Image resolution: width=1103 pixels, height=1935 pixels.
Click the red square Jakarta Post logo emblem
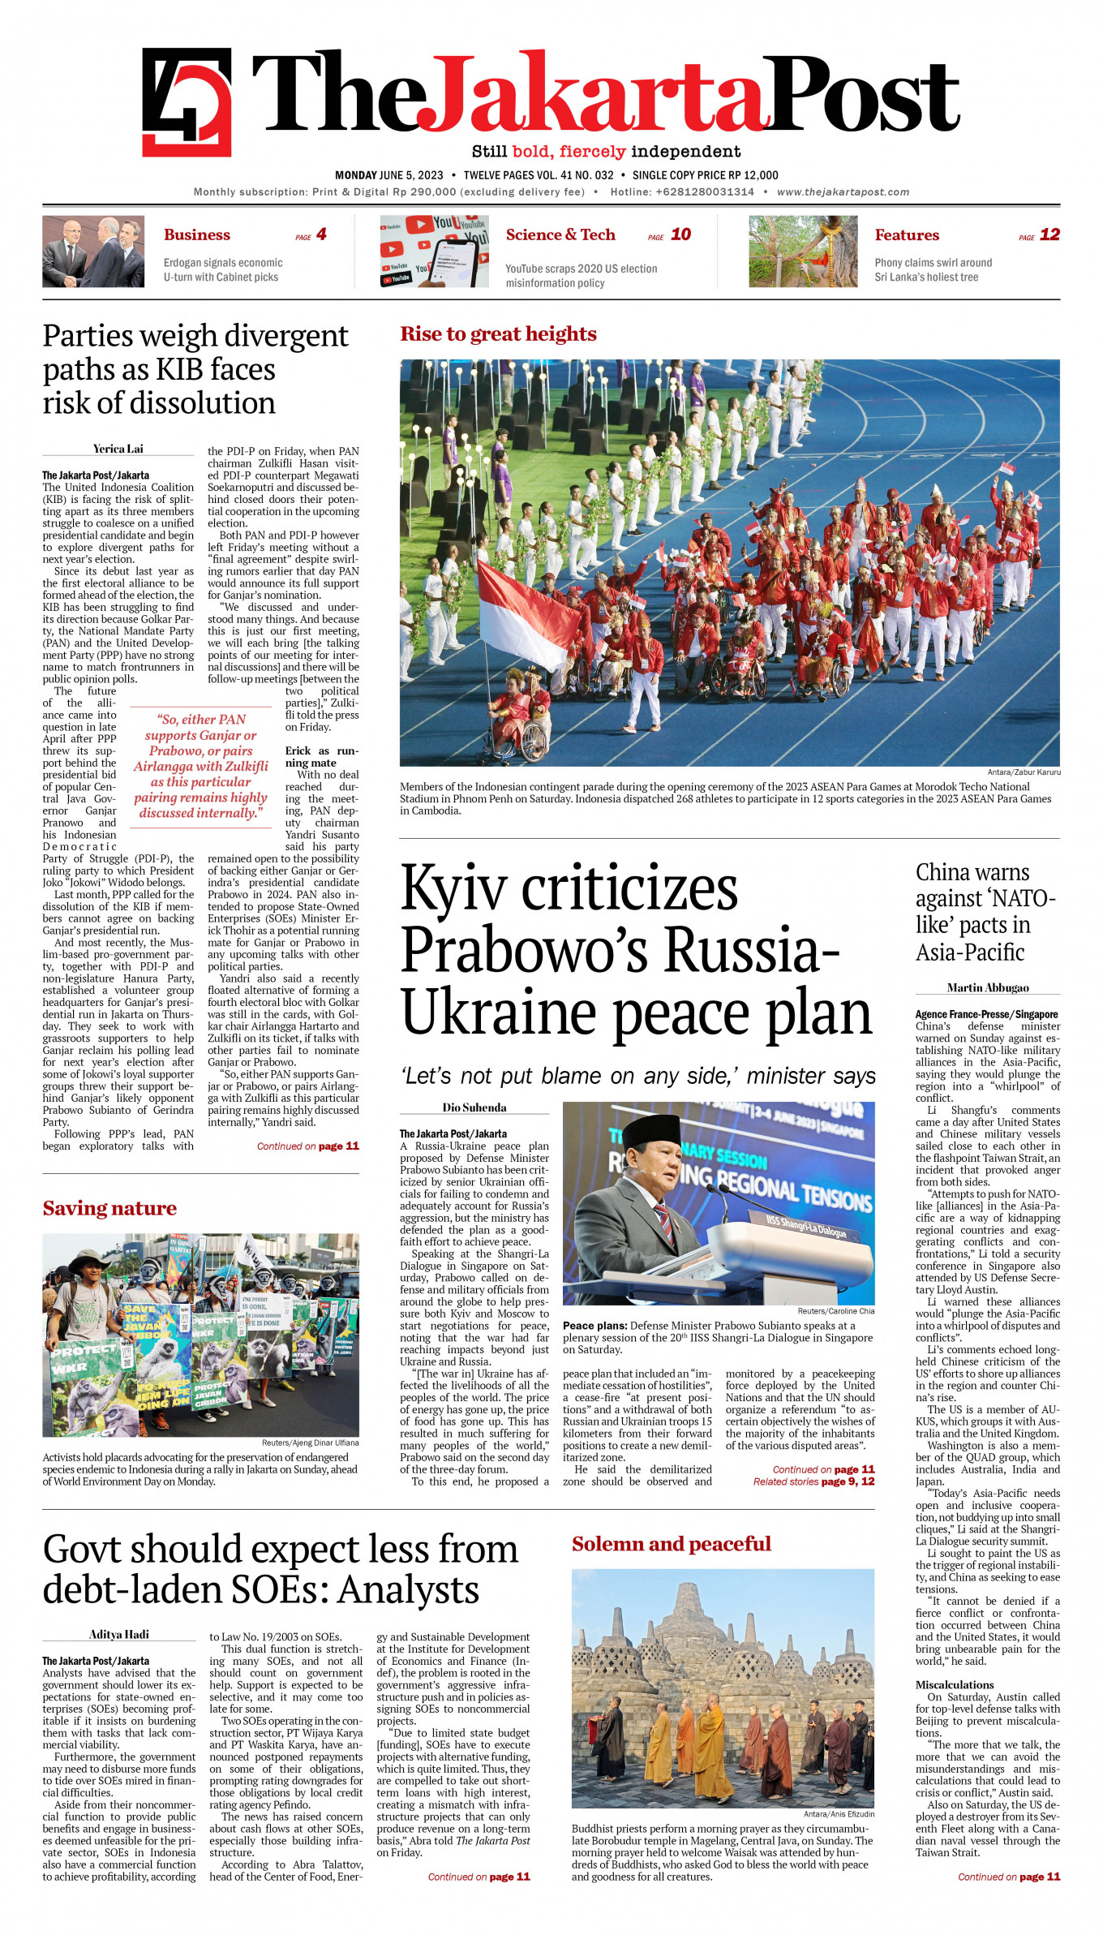pos(187,101)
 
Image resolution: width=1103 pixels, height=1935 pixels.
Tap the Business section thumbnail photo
pos(93,251)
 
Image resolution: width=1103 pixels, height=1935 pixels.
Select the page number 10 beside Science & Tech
pos(680,234)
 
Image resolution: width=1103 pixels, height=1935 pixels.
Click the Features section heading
pos(906,235)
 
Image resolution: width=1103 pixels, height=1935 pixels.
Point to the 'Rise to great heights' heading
pos(498,334)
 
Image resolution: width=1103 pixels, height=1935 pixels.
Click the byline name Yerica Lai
pos(118,449)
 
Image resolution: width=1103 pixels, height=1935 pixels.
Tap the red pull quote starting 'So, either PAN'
pos(200,766)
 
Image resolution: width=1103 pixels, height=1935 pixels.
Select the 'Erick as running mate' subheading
pos(321,756)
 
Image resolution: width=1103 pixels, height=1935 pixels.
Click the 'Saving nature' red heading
pos(109,1208)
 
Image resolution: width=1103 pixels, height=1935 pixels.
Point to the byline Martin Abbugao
pos(988,987)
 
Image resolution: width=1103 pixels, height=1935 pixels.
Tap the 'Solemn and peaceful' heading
pos(671,1544)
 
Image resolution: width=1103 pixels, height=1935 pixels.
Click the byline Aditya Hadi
pos(118,1634)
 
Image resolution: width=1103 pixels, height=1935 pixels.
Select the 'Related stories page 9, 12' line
pos(813,1481)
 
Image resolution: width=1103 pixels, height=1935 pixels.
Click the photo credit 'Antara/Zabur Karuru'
pos(1024,772)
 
